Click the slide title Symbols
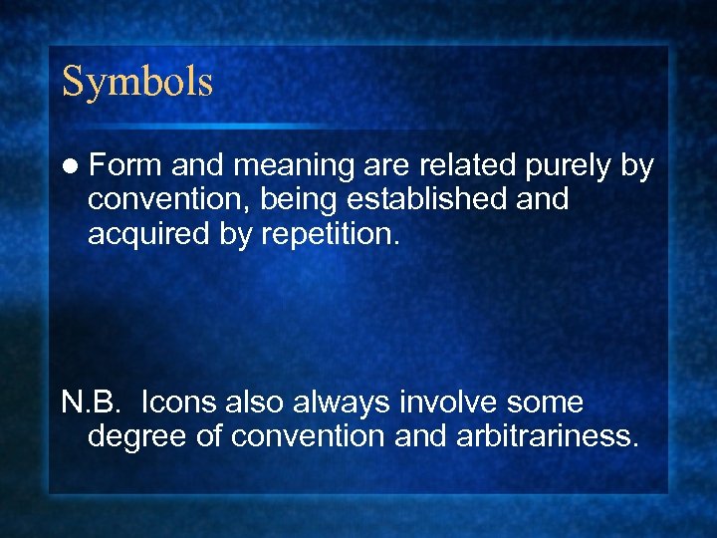pos(137,82)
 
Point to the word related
pos(465,166)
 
